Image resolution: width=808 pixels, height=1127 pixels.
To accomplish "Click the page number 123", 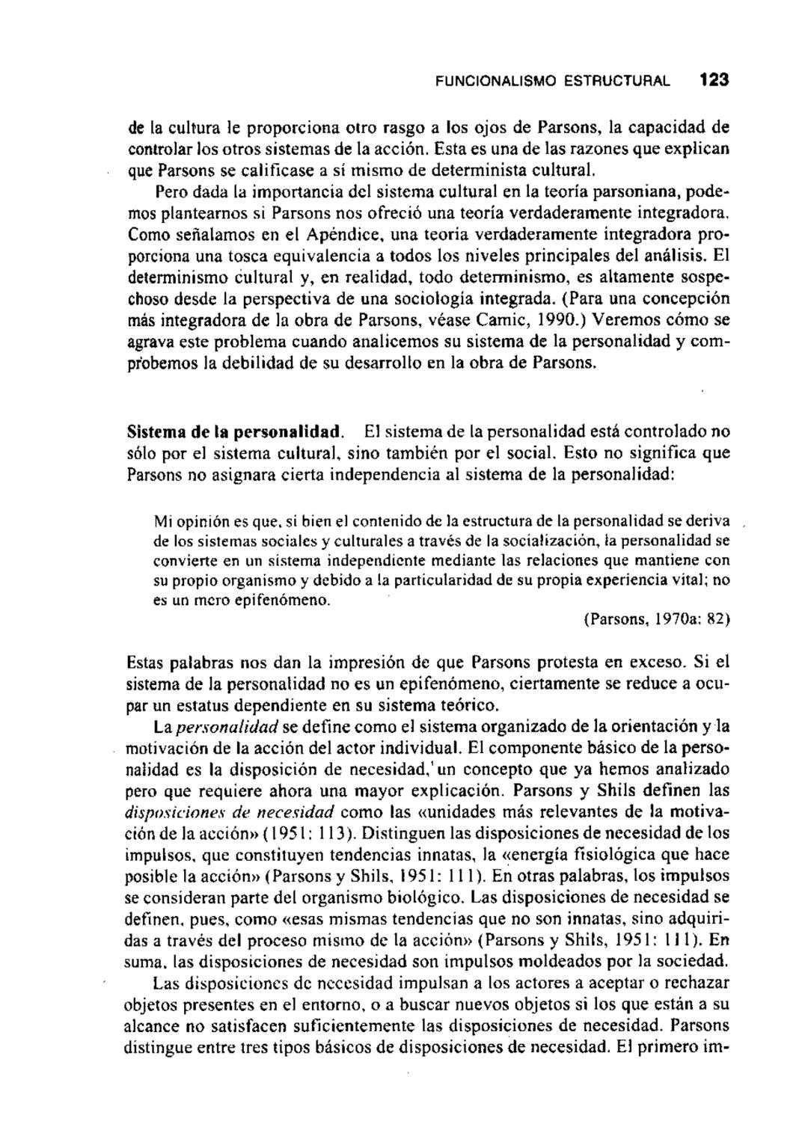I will pos(714,79).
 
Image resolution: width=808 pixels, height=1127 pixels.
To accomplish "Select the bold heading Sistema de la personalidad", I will pos(236,432).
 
